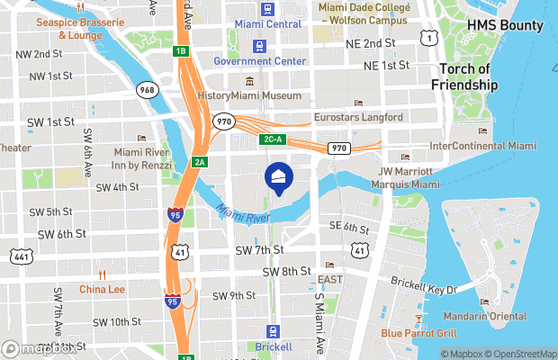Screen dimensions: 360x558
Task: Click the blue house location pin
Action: tap(278, 178)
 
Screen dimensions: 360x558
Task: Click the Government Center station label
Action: tap(260, 61)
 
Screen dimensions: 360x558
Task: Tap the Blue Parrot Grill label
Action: tap(420, 333)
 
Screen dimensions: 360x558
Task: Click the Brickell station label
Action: tap(274, 346)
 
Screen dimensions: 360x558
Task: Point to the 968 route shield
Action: tap(148, 90)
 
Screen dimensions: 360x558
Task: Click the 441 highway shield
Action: tap(22, 256)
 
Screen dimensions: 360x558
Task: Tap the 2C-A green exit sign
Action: tap(273, 139)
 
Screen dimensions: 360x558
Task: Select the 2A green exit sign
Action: tap(200, 162)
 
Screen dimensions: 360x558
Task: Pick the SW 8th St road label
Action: tap(286, 271)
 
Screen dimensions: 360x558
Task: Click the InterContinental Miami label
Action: tap(482, 145)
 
